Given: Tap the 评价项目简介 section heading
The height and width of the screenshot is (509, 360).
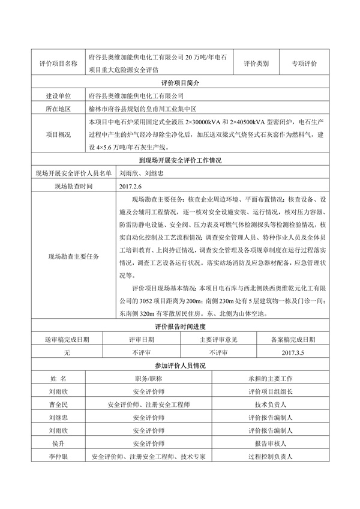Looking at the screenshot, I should click(x=180, y=83).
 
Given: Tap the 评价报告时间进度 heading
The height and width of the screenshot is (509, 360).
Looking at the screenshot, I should click(x=180, y=327).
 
